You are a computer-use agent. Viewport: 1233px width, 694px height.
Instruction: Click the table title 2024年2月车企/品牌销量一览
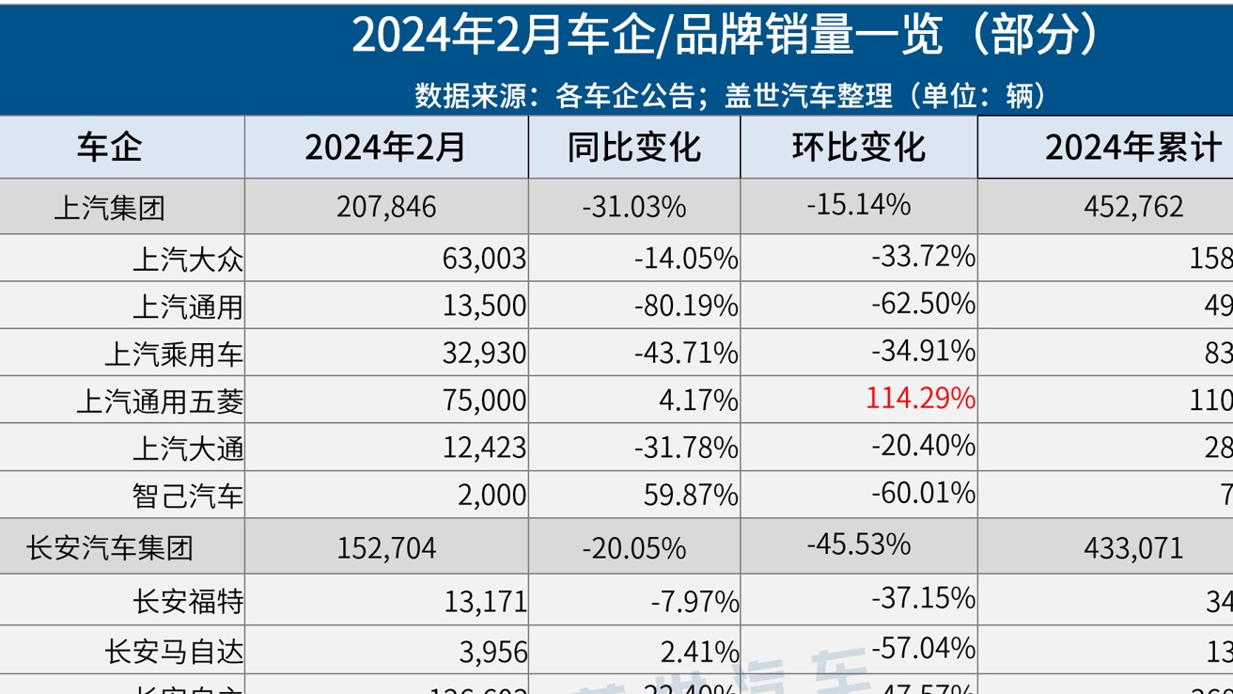click(724, 37)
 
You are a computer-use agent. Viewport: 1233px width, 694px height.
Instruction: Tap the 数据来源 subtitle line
click(730, 95)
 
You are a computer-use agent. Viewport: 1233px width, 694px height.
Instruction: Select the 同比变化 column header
click(634, 148)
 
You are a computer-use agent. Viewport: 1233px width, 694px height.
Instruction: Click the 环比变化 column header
click(858, 148)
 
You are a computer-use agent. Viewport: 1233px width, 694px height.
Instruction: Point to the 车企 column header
click(109, 148)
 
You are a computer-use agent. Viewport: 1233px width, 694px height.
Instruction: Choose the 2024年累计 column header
click(1132, 148)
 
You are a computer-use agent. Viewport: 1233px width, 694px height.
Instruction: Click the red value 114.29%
click(920, 398)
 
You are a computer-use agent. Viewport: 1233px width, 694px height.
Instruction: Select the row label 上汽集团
click(109, 207)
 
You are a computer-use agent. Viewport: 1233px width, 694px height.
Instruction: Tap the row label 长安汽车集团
click(109, 547)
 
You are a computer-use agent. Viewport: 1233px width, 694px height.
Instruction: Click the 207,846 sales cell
click(386, 207)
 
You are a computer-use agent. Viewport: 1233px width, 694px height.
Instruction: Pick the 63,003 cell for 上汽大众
click(484, 259)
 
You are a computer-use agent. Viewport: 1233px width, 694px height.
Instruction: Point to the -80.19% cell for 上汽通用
click(685, 306)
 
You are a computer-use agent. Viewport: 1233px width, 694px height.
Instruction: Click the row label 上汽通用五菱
click(160, 402)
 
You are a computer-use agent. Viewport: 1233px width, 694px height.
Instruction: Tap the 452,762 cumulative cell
click(1133, 207)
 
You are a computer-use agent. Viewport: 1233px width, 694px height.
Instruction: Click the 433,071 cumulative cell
click(1133, 547)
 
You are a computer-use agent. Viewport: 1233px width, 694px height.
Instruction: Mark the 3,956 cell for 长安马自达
click(491, 651)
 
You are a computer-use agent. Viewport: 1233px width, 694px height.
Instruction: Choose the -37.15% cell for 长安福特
click(923, 597)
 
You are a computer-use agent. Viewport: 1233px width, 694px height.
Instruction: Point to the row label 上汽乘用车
click(174, 354)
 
